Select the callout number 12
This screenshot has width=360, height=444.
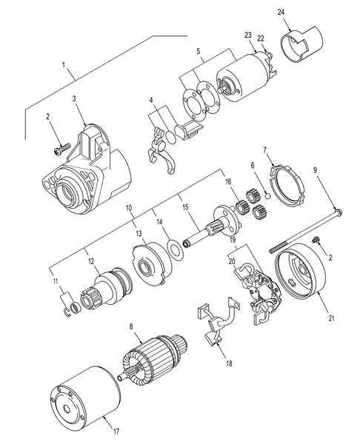[91, 260]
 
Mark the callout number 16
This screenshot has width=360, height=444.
[230, 181]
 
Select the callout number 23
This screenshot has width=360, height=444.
[246, 34]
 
